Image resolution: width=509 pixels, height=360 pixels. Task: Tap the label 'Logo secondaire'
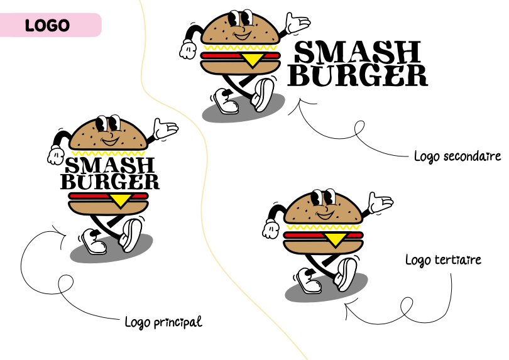click(x=457, y=156)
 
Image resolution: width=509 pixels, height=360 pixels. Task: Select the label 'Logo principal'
click(x=163, y=322)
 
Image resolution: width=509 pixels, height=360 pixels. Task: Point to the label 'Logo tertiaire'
click(x=443, y=259)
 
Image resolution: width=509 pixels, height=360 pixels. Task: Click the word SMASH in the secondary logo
click(x=357, y=52)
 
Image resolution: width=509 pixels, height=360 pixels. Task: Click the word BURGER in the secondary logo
click(x=361, y=75)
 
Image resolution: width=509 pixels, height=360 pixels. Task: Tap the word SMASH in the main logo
click(x=110, y=166)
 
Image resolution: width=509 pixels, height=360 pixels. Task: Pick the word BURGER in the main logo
click(x=110, y=182)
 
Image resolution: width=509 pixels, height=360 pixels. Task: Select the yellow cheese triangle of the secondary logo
click(x=252, y=60)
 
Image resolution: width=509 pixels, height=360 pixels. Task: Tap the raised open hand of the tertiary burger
click(x=380, y=203)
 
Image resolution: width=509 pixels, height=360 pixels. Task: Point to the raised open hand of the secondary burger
click(x=297, y=25)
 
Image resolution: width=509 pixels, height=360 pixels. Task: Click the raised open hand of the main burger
click(x=167, y=128)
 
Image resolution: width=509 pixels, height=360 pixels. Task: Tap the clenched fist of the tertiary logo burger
click(x=271, y=229)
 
